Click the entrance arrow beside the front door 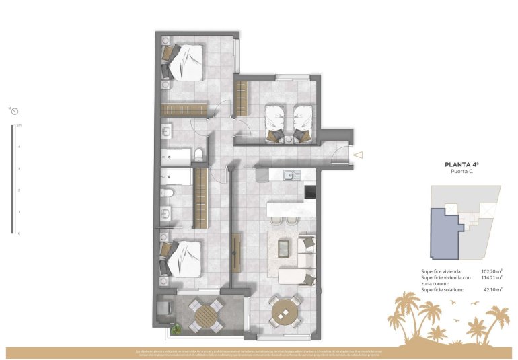click(358, 155)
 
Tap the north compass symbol click(14, 111)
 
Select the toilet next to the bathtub click(198, 156)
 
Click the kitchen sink click(289, 176)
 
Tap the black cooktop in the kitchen click(309, 192)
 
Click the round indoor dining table click(285, 312)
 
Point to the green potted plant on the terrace click(176, 329)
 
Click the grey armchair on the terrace click(165, 309)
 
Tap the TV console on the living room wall click(236, 253)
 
